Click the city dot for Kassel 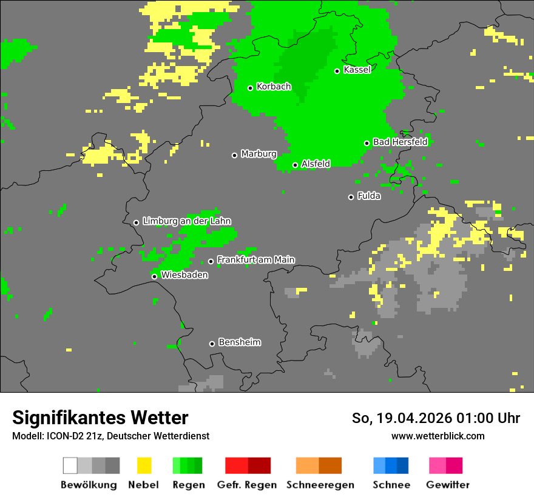(337, 71)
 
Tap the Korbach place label (274, 87)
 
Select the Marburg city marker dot (234, 155)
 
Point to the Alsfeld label (316, 164)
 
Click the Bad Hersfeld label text (400, 142)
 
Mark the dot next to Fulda (351, 197)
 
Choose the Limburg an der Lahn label (187, 221)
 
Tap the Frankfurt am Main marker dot (211, 261)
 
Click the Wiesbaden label (184, 275)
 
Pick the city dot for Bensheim (212, 344)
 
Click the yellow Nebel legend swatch (144, 465)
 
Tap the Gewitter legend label (448, 485)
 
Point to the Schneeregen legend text (320, 485)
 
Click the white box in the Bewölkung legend (70, 465)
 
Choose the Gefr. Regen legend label (247, 485)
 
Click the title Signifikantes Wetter (100, 418)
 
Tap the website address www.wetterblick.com (438, 436)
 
